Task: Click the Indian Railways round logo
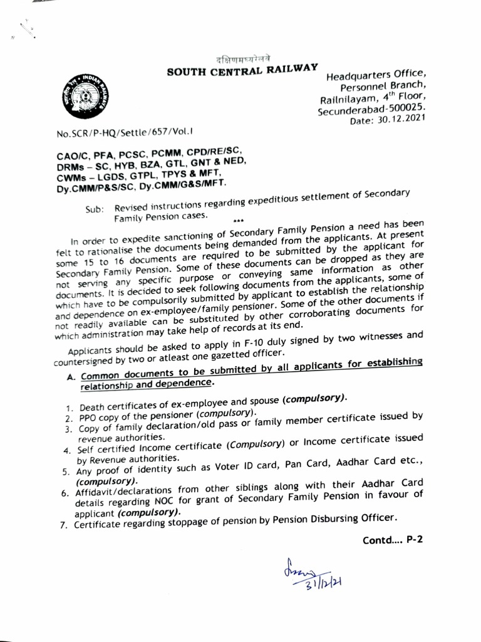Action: click(82, 96)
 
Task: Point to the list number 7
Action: click(64, 525)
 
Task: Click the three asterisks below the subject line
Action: click(237, 221)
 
